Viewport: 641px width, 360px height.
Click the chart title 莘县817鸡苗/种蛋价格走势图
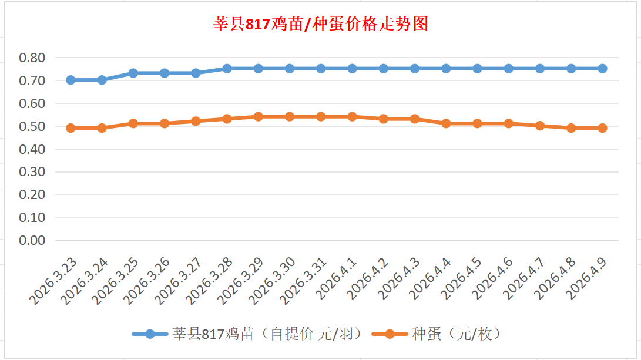pos(320,24)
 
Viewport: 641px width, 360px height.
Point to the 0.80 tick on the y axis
pos(32,58)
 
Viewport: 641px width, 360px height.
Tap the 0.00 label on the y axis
pos(32,240)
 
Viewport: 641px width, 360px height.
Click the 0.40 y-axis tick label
pos(32,149)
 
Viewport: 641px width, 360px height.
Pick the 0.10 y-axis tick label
pos(32,217)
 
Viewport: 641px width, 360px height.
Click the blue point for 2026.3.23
pos(71,80)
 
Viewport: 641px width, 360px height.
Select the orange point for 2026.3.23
pos(71,128)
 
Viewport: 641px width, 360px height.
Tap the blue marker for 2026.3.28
pos(227,69)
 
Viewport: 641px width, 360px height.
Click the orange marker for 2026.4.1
pos(352,116)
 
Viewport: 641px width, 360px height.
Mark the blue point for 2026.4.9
pos(602,69)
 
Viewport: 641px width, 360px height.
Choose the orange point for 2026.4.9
pos(602,128)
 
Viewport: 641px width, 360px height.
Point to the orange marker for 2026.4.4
pos(446,123)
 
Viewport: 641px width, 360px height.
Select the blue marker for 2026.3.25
pos(133,73)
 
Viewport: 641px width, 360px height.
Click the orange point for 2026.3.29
pos(258,116)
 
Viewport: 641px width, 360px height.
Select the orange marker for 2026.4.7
pos(540,126)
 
